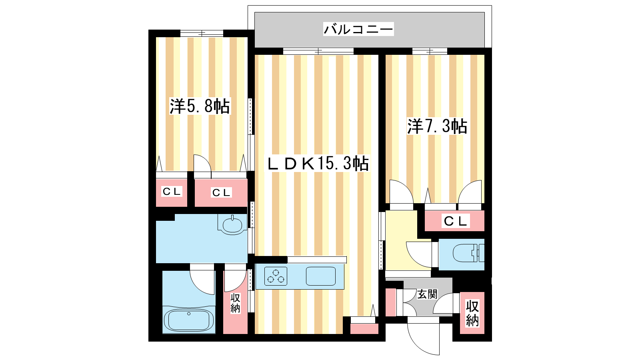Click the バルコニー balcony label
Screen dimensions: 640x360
click(x=358, y=29)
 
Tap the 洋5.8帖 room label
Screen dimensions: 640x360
click(x=200, y=106)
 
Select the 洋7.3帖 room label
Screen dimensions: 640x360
click(x=437, y=126)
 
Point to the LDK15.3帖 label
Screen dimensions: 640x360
click(x=318, y=164)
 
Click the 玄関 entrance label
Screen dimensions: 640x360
click(x=427, y=294)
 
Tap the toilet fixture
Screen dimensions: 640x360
click(x=468, y=253)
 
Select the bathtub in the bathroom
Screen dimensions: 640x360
click(x=189, y=320)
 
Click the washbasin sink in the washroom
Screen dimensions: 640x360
click(x=232, y=225)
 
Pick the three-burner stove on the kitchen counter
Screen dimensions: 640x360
click(x=276, y=276)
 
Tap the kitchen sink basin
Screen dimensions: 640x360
click(x=320, y=276)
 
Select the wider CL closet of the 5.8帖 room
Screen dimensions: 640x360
click(x=221, y=192)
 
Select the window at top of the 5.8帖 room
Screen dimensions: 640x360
click(x=202, y=34)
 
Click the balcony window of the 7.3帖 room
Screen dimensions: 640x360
click(x=430, y=51)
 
